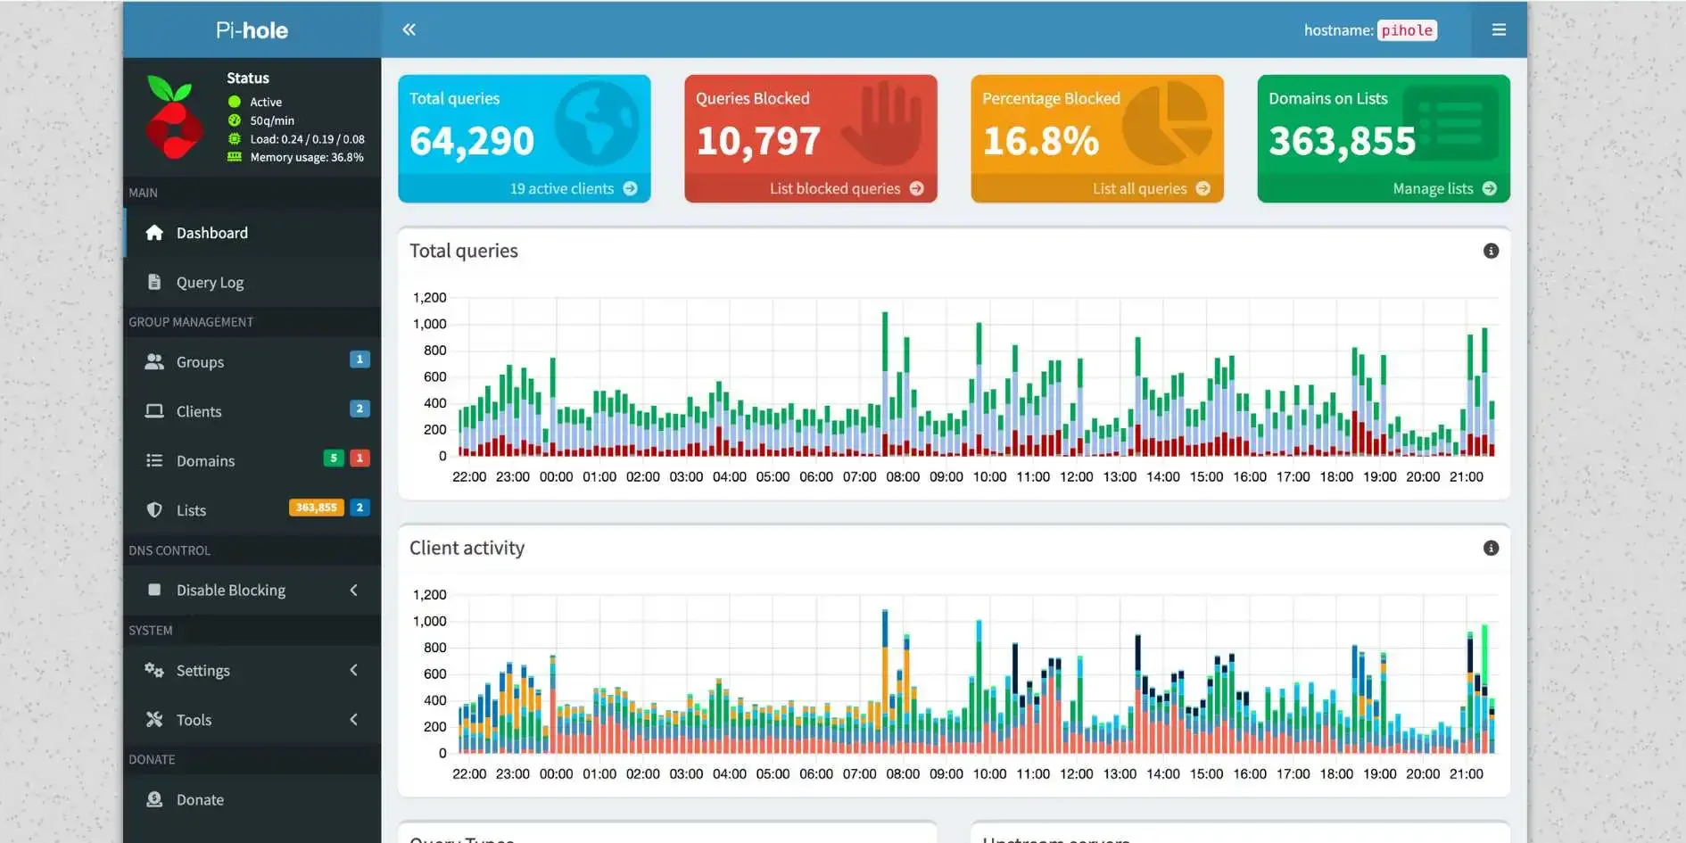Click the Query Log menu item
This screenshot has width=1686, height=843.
point(210,282)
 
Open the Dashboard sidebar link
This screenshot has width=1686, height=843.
point(211,233)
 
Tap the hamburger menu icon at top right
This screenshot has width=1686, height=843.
point(1499,29)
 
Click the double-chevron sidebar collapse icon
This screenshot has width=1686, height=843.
point(409,29)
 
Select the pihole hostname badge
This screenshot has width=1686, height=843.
point(1407,30)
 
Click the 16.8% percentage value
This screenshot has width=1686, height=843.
point(1040,141)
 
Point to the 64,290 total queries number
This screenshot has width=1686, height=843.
point(471,141)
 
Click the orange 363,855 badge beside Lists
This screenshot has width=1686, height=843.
point(316,508)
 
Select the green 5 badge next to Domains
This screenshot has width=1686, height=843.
point(333,458)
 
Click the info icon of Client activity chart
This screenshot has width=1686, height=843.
point(1491,548)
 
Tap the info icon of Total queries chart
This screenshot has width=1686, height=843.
point(1491,251)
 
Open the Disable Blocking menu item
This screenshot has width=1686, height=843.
point(230,590)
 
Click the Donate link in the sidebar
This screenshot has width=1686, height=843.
point(200,799)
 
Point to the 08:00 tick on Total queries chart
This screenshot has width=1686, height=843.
point(902,477)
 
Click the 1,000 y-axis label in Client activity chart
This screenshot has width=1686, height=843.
point(429,621)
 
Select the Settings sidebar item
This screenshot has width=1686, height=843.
point(202,670)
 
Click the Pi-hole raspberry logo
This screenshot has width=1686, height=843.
point(173,117)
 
